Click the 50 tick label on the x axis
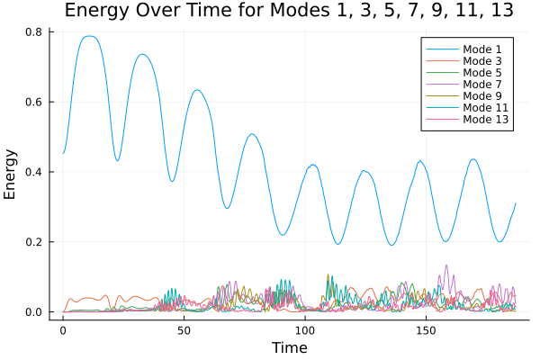(184, 330)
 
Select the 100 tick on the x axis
(305, 330)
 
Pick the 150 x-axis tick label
(426, 330)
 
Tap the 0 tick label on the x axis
(63, 330)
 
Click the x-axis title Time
(290, 347)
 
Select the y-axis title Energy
(12, 174)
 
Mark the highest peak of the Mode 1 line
(87, 36)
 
